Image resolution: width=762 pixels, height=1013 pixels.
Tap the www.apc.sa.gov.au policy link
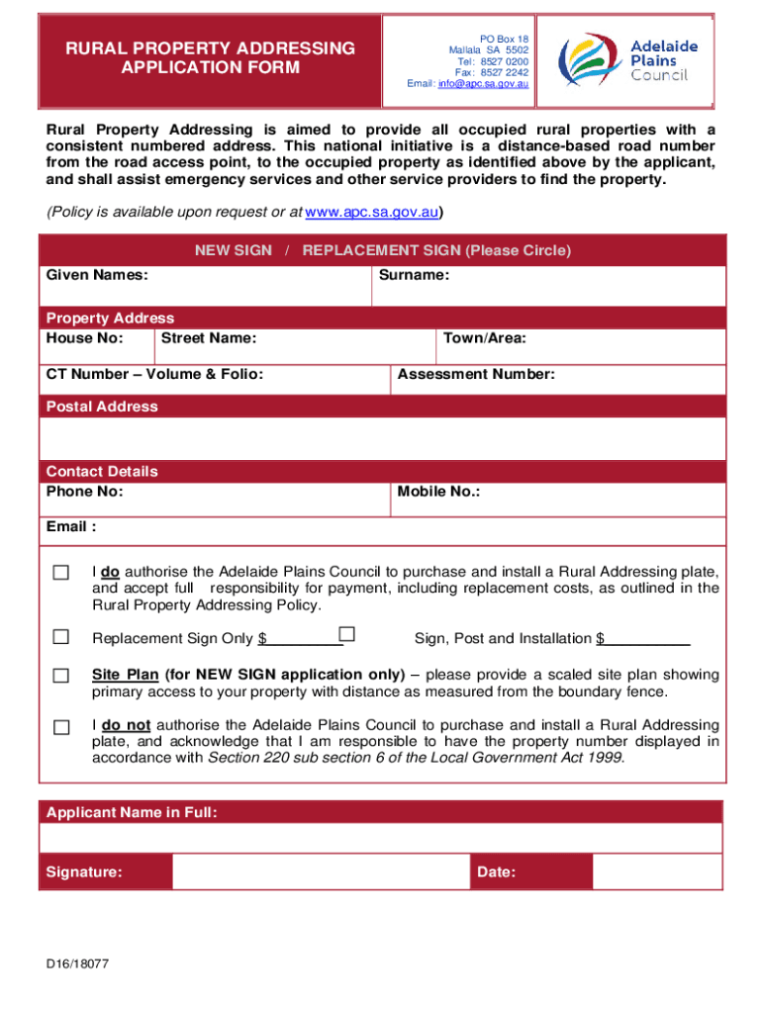point(372,213)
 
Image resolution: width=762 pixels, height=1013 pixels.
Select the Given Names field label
point(97,274)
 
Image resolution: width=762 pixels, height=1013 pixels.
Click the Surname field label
point(414,274)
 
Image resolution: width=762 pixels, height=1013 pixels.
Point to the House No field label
point(85,338)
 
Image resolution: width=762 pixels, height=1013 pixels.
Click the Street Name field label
point(209,338)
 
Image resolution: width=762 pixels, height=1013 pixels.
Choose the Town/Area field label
point(484,338)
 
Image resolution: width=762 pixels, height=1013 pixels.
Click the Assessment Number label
point(475,374)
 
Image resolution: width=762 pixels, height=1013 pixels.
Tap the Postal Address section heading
point(102,407)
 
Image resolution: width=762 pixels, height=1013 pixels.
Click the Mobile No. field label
point(438,491)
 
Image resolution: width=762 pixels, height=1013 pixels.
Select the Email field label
point(71,526)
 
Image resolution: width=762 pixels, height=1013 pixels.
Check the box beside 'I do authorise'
point(61,573)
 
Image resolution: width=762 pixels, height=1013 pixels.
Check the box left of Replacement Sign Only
point(61,637)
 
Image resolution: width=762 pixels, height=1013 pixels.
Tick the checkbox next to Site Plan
point(61,676)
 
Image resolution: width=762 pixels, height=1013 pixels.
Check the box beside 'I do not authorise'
point(61,727)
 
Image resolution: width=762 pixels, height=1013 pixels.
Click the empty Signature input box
point(321,872)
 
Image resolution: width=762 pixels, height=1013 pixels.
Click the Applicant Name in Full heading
point(132,812)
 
